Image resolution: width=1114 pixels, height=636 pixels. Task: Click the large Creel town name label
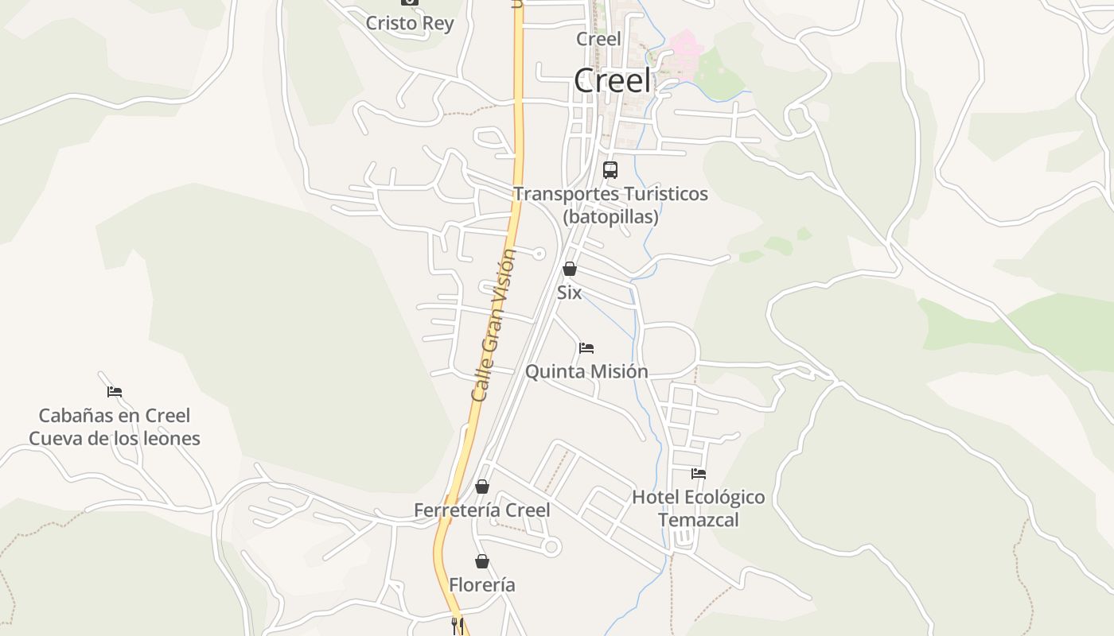tap(612, 81)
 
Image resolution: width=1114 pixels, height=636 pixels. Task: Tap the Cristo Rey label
tap(409, 23)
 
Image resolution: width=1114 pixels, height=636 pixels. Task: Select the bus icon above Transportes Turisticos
tap(610, 170)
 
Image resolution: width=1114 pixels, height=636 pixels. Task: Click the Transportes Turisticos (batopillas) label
tap(610, 205)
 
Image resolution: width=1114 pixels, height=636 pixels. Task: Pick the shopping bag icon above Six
tap(570, 270)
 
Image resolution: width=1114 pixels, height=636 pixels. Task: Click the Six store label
tap(569, 293)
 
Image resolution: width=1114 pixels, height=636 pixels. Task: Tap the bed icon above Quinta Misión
tap(586, 348)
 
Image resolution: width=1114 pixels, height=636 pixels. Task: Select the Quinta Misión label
tap(586, 371)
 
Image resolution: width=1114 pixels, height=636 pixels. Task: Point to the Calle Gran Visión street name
tap(493, 326)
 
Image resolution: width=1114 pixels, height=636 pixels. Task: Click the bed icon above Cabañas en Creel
tap(115, 392)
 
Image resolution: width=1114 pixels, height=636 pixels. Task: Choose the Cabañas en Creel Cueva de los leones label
tap(115, 427)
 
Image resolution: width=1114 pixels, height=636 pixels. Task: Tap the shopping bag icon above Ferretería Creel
tap(482, 487)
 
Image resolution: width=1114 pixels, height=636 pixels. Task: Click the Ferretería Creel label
tap(481, 510)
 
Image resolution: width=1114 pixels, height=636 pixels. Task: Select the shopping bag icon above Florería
tap(482, 562)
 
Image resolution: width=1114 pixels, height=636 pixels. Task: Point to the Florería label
tap(482, 585)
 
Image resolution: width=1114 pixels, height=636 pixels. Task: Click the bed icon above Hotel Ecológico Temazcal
tap(699, 474)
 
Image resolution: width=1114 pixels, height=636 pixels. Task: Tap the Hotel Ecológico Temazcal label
tap(698, 509)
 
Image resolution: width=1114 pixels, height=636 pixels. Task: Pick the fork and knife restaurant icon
tap(457, 626)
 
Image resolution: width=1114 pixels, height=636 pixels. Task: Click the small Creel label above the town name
tap(598, 39)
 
